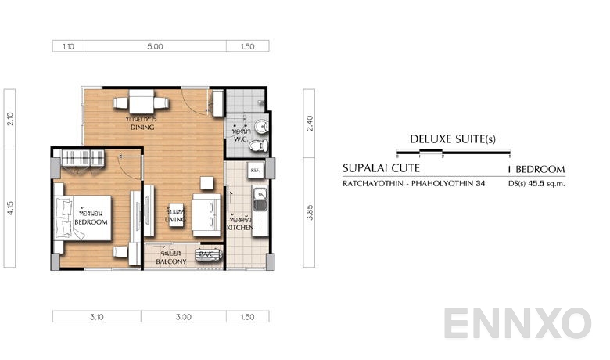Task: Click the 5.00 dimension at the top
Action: [x=155, y=46]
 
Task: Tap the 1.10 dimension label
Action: [x=68, y=46]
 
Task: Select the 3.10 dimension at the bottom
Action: [x=97, y=317]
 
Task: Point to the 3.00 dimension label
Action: [x=184, y=317]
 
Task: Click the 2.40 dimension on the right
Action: [x=310, y=122]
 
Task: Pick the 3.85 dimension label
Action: [x=310, y=212]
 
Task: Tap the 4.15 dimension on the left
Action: [x=11, y=211]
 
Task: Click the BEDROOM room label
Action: [x=90, y=222]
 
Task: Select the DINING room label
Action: [x=142, y=127]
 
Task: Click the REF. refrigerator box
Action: [x=256, y=169]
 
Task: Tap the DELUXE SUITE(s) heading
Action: [x=453, y=139]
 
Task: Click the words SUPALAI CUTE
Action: [x=381, y=168]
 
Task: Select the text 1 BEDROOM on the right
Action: [x=536, y=169]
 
